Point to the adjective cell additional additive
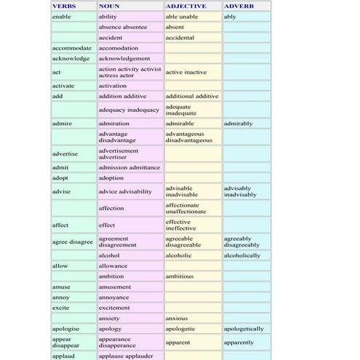coord(192,96)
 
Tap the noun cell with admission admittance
coord(129,167)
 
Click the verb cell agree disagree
coord(73,241)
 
